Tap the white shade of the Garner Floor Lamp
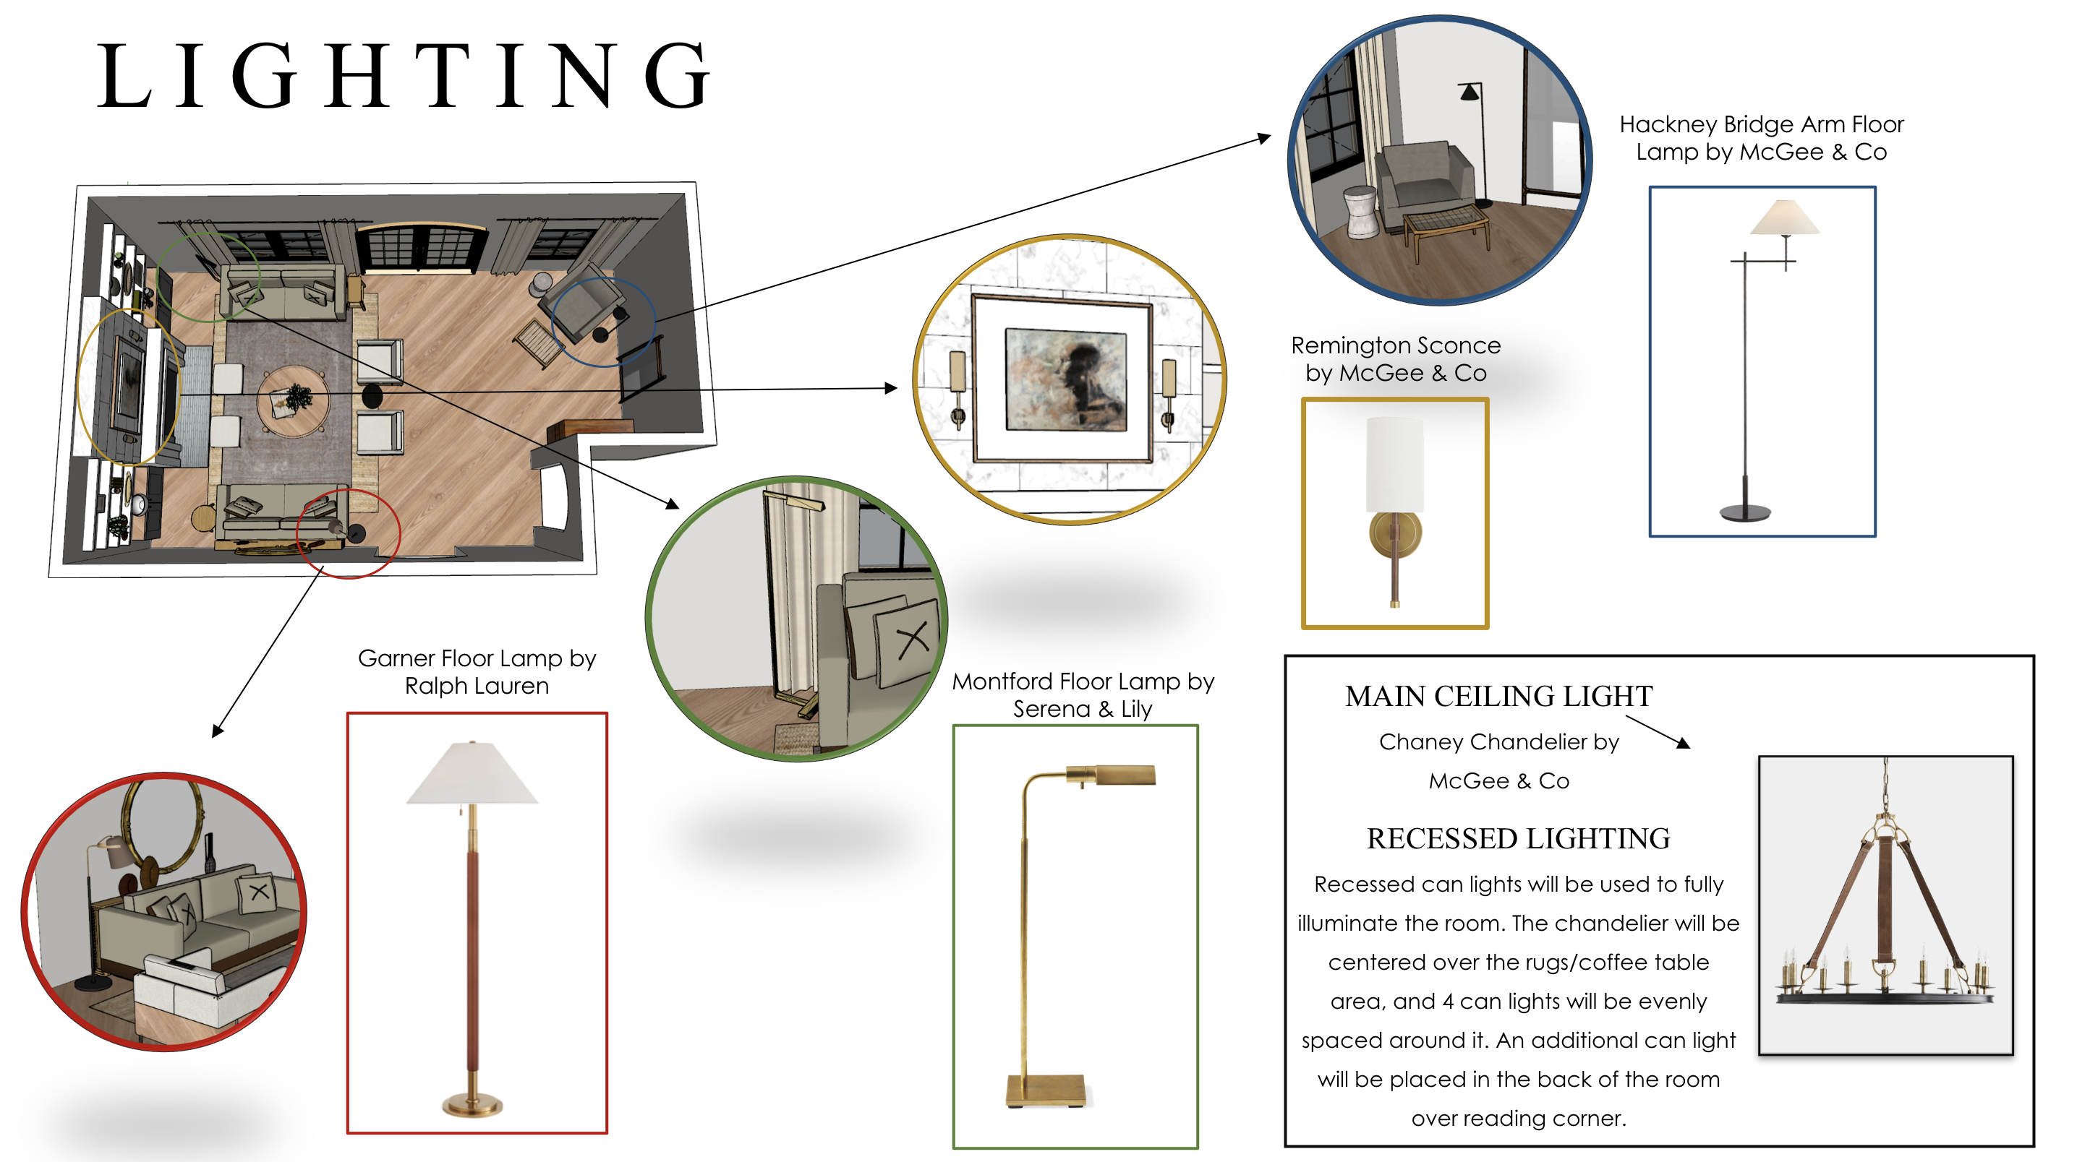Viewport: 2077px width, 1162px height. [x=472, y=775]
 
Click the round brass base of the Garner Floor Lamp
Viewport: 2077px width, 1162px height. [x=472, y=1104]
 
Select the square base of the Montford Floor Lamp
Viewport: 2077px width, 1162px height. [x=1046, y=1091]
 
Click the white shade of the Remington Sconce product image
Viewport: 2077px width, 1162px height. [x=1395, y=463]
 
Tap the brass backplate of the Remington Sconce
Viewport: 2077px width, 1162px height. [x=1395, y=533]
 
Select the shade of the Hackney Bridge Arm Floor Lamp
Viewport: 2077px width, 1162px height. [x=1784, y=218]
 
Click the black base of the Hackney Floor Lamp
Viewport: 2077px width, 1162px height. [x=1746, y=512]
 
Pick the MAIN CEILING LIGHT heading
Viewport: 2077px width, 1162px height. [x=1498, y=696]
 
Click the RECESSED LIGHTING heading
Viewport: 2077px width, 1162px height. [x=1518, y=839]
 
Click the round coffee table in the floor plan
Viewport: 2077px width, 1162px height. [x=293, y=400]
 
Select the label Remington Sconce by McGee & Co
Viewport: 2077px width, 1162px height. [x=1396, y=359]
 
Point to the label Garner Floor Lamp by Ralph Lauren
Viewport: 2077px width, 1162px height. [x=477, y=672]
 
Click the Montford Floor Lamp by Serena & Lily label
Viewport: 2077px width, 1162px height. [x=1082, y=694]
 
